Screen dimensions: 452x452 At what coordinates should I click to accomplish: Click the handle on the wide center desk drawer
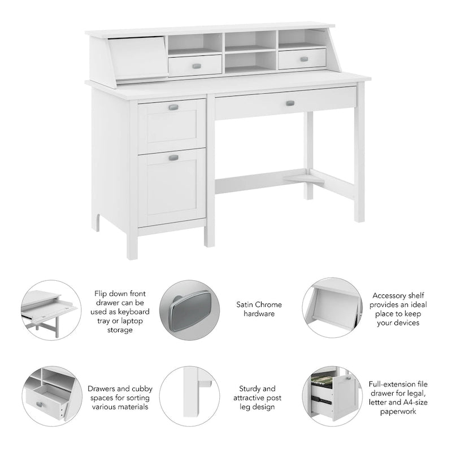tap(290, 103)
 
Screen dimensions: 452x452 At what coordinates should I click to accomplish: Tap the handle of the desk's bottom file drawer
tap(173, 158)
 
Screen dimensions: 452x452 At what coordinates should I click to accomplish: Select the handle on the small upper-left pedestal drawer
tap(173, 107)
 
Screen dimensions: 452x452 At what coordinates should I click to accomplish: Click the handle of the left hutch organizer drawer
tap(196, 66)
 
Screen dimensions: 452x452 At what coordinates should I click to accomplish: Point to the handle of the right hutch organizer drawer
tap(304, 59)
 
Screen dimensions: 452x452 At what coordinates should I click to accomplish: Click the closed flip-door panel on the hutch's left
tap(137, 56)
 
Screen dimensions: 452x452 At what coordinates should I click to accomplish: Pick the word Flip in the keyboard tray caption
tap(102, 294)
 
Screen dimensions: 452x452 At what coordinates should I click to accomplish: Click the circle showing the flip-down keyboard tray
tap(50, 310)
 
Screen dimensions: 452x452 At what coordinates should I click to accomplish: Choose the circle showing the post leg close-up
tap(193, 394)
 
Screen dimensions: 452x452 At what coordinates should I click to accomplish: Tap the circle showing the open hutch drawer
tap(50, 395)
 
